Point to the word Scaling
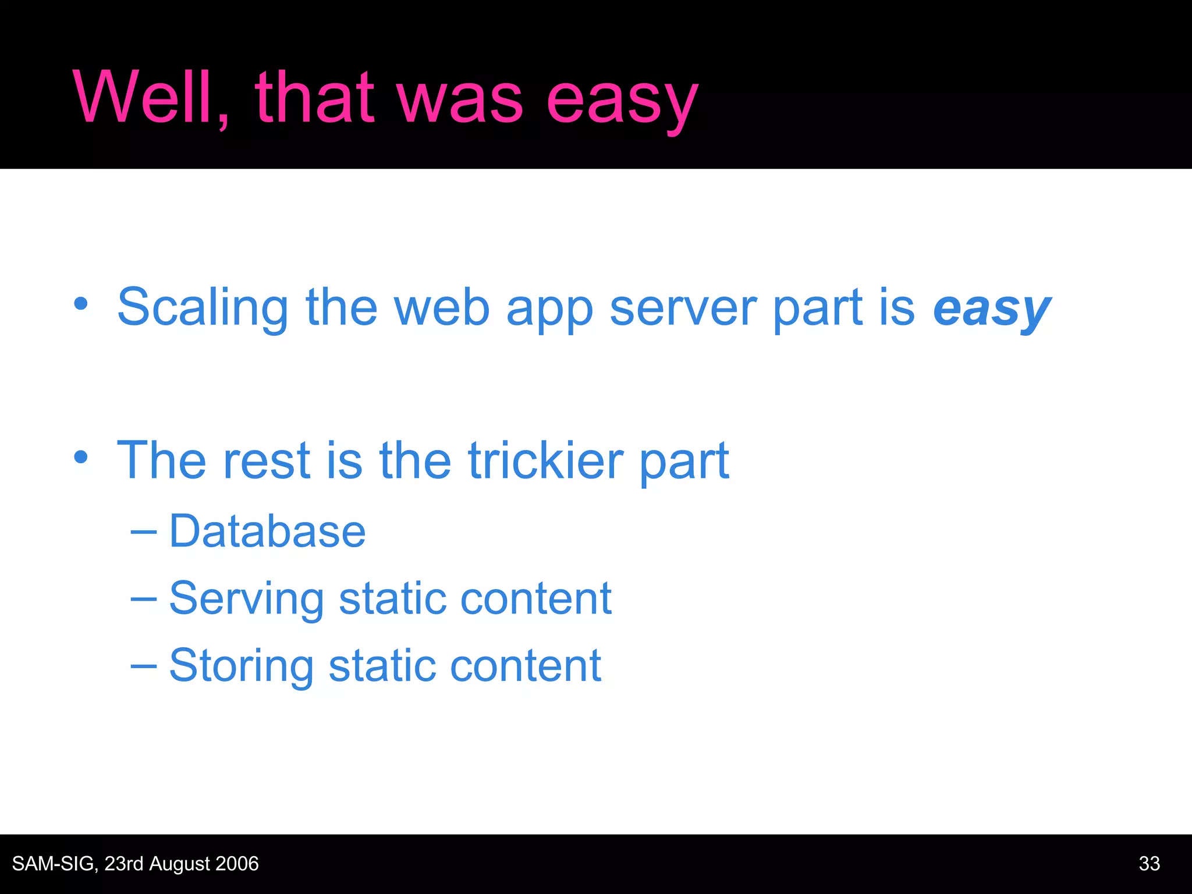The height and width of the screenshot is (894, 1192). pyautogui.click(x=203, y=308)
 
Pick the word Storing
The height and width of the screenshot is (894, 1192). pyautogui.click(x=241, y=666)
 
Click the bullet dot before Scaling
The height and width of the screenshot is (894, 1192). pyautogui.click(x=81, y=304)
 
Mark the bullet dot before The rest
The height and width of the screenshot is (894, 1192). pyautogui.click(x=81, y=457)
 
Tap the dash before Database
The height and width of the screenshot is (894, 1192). pyautogui.click(x=143, y=531)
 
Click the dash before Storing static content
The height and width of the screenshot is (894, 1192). pyautogui.click(x=143, y=665)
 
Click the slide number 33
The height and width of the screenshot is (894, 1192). pyautogui.click(x=1149, y=864)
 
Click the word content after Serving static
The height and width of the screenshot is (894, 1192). pyautogui.click(x=535, y=599)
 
